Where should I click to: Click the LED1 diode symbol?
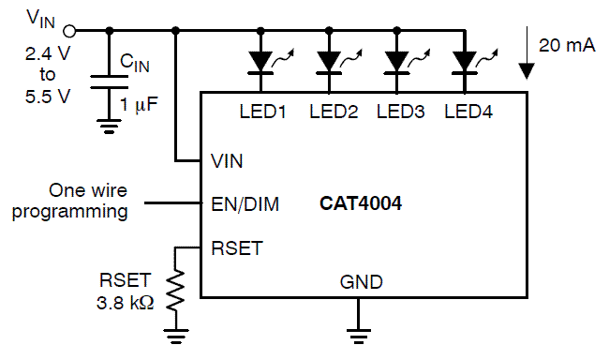[260, 61]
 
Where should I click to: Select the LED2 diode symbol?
[328, 61]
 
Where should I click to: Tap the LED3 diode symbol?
[396, 61]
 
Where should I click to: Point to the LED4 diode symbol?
[464, 61]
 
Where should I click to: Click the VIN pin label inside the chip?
[228, 161]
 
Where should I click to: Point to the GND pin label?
[359, 281]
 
